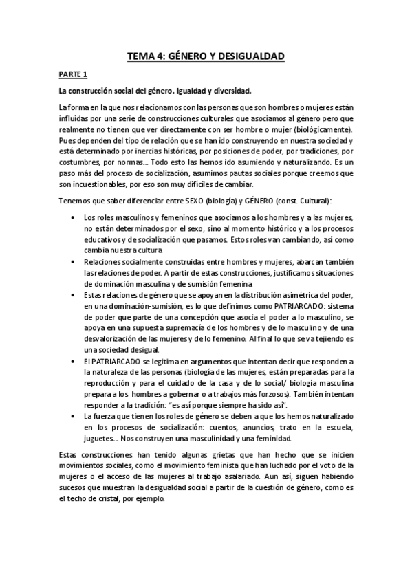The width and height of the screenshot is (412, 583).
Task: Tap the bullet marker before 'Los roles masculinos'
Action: click(x=74, y=218)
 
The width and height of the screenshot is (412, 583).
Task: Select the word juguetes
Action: click(x=99, y=438)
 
